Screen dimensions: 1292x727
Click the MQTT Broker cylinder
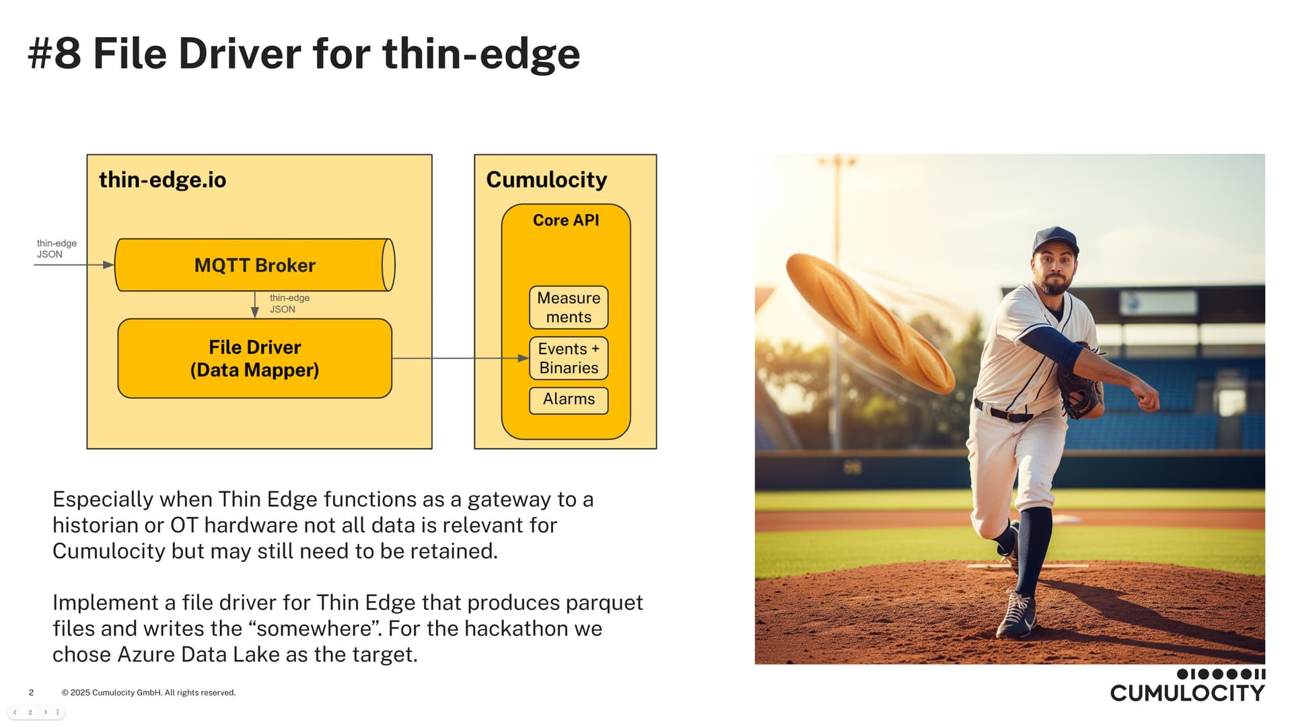click(x=254, y=265)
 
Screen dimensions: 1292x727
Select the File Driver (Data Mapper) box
click(x=254, y=358)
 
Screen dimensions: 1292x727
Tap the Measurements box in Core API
click(x=569, y=308)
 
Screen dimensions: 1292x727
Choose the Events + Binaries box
click(x=569, y=358)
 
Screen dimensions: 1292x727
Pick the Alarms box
click(x=569, y=400)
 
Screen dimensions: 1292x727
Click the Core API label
click(x=566, y=220)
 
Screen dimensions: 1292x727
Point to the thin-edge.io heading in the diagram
click(x=162, y=180)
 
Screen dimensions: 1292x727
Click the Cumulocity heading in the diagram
click(x=546, y=180)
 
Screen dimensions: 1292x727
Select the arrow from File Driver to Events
click(x=460, y=358)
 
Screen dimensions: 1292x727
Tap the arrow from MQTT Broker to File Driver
click(x=254, y=304)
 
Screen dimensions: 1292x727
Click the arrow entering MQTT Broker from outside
click(x=74, y=265)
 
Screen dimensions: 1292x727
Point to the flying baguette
click(x=869, y=322)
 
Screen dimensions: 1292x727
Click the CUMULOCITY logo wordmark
click(x=1188, y=693)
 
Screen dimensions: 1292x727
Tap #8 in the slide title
click(x=54, y=54)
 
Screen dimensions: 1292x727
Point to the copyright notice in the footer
click(x=149, y=693)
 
